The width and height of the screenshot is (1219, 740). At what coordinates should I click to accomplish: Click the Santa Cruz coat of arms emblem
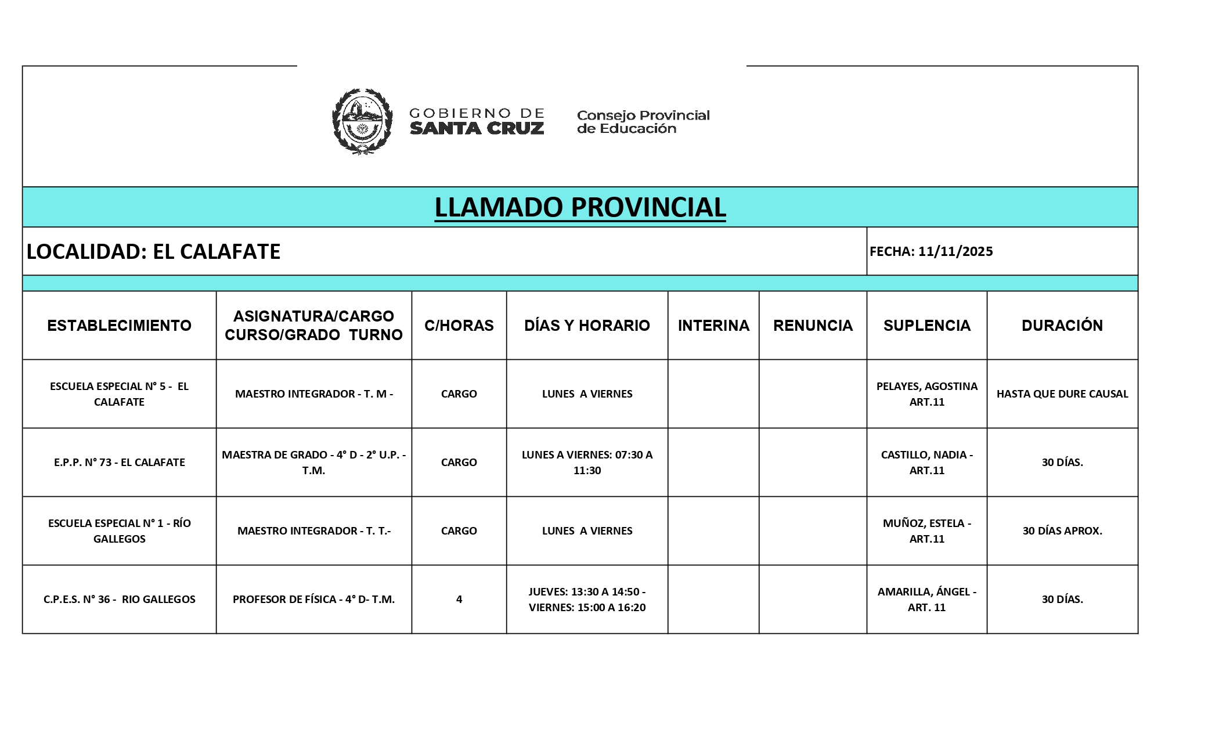pyautogui.click(x=362, y=121)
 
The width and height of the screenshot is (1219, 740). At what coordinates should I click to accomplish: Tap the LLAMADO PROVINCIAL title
pyautogui.click(x=580, y=207)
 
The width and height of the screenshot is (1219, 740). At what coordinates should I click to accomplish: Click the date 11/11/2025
pyautogui.click(x=955, y=251)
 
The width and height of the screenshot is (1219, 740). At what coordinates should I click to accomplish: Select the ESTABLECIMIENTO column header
pyautogui.click(x=119, y=326)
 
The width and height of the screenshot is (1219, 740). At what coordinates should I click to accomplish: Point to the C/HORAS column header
pyautogui.click(x=459, y=326)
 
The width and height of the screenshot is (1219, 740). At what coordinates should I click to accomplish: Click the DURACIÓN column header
pyautogui.click(x=1062, y=326)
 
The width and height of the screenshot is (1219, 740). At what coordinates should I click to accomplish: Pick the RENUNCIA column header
pyautogui.click(x=813, y=326)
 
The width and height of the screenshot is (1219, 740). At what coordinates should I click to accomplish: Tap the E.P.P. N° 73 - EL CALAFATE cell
pyautogui.click(x=119, y=463)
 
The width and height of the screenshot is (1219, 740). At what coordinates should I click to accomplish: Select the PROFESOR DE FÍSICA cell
pyautogui.click(x=313, y=600)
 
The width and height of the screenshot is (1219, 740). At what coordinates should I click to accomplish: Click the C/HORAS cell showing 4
pyautogui.click(x=459, y=600)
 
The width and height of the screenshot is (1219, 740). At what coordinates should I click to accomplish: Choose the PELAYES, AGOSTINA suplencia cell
pyautogui.click(x=926, y=394)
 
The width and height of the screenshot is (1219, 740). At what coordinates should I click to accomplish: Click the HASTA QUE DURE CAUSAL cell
pyautogui.click(x=1062, y=394)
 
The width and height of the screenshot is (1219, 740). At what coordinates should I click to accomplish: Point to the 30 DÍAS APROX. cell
pyautogui.click(x=1062, y=531)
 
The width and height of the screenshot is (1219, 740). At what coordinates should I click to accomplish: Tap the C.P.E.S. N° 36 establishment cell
pyautogui.click(x=119, y=600)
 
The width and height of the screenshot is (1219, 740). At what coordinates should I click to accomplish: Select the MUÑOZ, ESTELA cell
pyautogui.click(x=926, y=531)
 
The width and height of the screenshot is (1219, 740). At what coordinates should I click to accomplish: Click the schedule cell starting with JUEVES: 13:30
pyautogui.click(x=587, y=600)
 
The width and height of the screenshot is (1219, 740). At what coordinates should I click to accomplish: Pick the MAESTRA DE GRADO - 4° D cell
pyautogui.click(x=313, y=463)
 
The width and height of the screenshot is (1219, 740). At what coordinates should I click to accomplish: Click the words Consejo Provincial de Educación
pyautogui.click(x=643, y=122)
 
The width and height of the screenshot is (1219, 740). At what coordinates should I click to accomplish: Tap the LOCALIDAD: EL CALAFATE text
pyautogui.click(x=154, y=251)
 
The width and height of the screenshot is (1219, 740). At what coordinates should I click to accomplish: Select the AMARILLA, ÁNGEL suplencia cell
pyautogui.click(x=926, y=600)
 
